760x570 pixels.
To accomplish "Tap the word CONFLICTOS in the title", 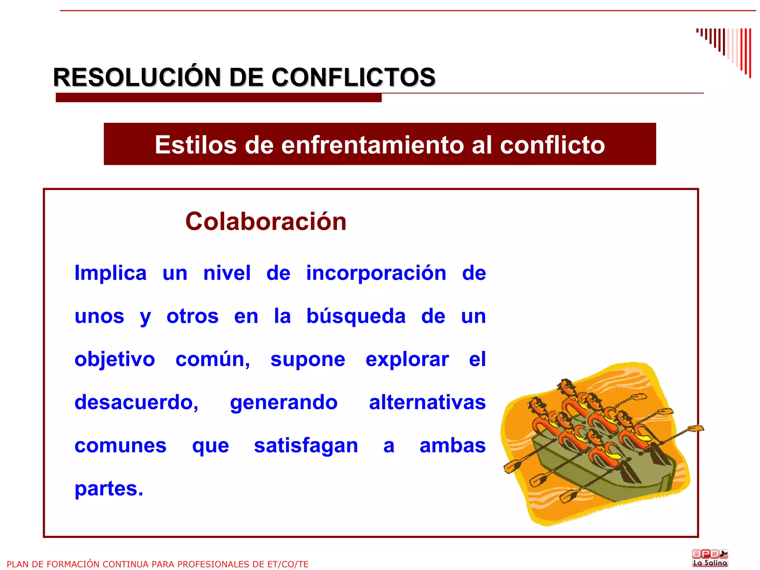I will pos(353,78).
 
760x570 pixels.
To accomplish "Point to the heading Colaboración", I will pos(266,221).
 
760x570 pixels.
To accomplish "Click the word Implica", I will pos(111,273).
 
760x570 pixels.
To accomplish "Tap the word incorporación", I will pos(376,273).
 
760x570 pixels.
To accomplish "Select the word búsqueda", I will pos(356,317).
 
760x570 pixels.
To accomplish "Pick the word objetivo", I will pos(115,360).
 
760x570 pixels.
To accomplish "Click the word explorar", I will pos(407,360).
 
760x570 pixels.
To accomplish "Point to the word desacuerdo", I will pos(136,402).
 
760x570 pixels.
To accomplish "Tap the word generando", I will pos(284,402).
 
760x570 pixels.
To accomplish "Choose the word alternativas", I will pos(427,402).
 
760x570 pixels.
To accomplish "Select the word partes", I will pos(108,489).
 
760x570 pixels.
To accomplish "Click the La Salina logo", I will pos(710,558).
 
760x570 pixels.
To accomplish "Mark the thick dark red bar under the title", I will pos(219,98).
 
